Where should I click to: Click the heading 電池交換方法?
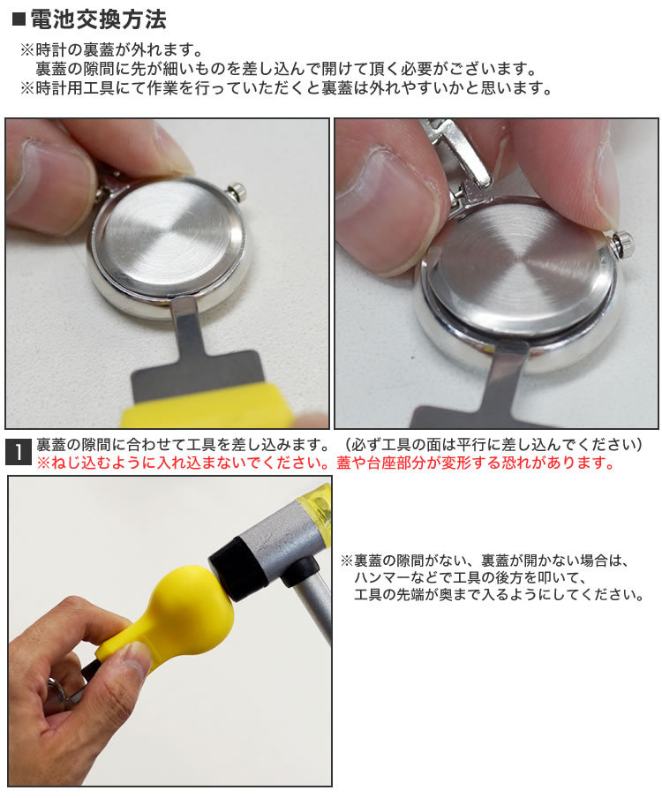(x=98, y=19)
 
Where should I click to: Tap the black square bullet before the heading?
(x=19, y=19)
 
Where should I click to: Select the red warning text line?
(x=326, y=463)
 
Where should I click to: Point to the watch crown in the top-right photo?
(x=623, y=244)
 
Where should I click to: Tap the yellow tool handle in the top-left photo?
(x=206, y=407)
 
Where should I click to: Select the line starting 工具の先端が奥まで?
(x=500, y=594)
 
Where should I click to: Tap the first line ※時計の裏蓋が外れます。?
(x=112, y=49)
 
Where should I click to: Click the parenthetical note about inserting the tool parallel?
(x=494, y=445)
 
